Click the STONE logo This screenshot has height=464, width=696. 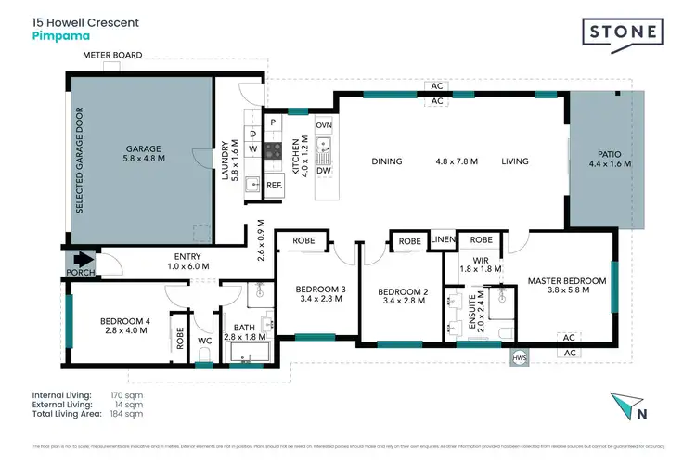pos(624,32)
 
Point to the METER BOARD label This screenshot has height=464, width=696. pos(112,56)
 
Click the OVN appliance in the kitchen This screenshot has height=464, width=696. pos(324,124)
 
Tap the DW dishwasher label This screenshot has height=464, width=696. pos(324,171)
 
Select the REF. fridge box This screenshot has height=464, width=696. pos(274,186)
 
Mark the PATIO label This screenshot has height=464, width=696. pos(609,154)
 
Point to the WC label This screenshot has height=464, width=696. pos(205,342)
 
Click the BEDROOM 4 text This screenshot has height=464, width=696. pos(125,322)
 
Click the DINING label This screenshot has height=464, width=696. pos(386,161)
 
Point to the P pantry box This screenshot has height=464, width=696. pos(274,122)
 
